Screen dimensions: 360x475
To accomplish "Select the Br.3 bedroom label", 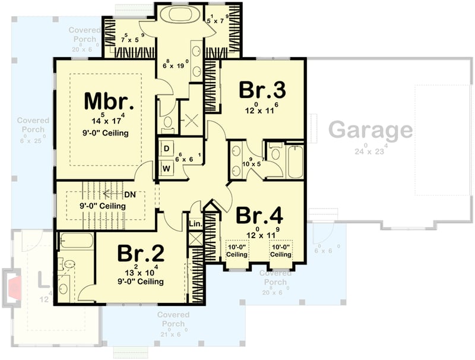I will [x=262, y=91].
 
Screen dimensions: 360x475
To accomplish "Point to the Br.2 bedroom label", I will [x=141, y=254].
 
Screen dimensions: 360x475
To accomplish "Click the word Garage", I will [x=370, y=129].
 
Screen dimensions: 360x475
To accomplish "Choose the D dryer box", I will [x=167, y=147].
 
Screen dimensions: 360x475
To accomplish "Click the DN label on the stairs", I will [x=131, y=194].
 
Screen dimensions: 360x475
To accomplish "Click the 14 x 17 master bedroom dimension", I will [x=104, y=119].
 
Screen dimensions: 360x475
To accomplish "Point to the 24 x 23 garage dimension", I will [x=370, y=150].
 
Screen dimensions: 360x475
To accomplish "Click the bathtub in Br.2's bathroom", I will [x=77, y=241].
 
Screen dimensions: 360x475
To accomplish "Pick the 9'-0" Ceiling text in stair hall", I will [x=103, y=206].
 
